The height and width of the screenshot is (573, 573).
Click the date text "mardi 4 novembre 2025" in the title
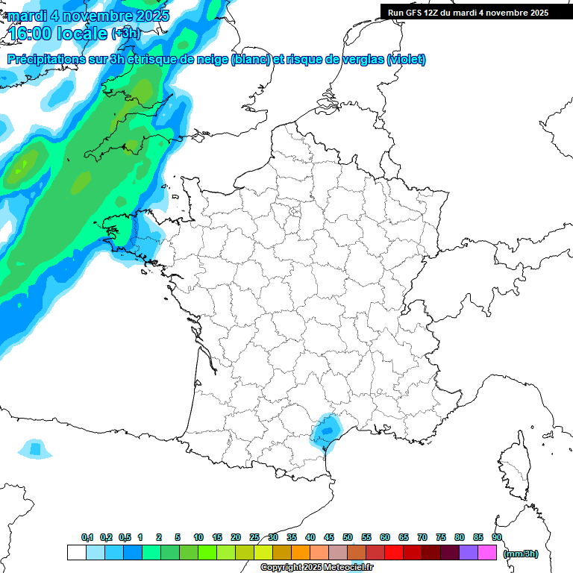[x=89, y=16]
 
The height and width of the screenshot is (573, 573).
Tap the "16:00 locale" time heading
[x=57, y=34]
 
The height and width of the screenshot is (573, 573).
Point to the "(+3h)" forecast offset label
[x=125, y=34]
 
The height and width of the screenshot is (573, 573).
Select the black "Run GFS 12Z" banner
[x=468, y=12]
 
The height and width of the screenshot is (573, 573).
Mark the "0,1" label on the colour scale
[x=87, y=537]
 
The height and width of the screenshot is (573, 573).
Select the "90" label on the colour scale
[x=497, y=537]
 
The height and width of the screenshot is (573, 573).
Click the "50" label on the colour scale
[x=348, y=537]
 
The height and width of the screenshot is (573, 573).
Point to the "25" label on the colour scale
[x=254, y=537]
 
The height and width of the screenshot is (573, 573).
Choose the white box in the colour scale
[x=76, y=553]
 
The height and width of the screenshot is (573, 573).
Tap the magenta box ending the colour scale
[x=487, y=553]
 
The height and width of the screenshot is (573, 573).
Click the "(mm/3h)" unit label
[x=522, y=554]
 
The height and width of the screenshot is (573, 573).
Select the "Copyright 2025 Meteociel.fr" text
[x=316, y=567]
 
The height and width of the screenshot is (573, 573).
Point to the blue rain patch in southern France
[x=325, y=430]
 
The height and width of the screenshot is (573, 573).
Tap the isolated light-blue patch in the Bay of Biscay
[x=35, y=448]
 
